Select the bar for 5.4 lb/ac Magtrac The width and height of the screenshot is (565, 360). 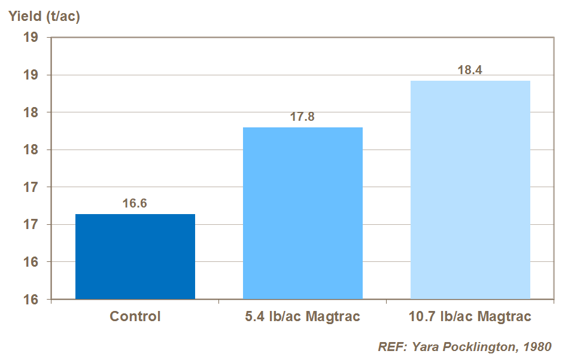pyautogui.click(x=302, y=213)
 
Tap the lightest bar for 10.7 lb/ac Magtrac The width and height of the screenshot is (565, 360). pyautogui.click(x=470, y=190)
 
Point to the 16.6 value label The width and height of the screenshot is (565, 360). pyautogui.click(x=135, y=203)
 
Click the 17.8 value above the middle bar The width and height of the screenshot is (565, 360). pyautogui.click(x=302, y=117)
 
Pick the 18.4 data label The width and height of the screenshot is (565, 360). pyautogui.click(x=470, y=70)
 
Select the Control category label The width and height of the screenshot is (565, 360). pyautogui.click(x=135, y=316)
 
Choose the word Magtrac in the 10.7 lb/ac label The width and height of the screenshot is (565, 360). pyautogui.click(x=502, y=316)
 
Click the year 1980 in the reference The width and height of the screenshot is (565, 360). pyautogui.click(x=536, y=347)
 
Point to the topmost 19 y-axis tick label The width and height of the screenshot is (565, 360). pyautogui.click(x=31, y=38)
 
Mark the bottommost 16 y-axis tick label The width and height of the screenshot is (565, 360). pyautogui.click(x=31, y=300)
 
